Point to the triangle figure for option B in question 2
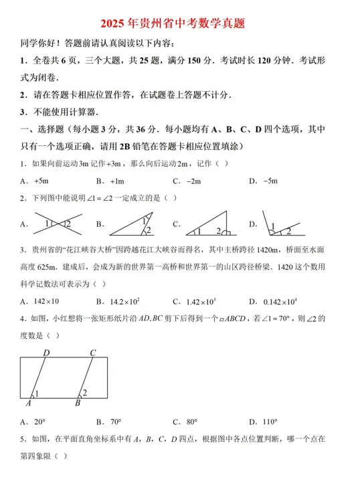131,226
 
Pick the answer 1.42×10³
201,301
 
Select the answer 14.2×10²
124,301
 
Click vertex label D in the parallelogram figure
46,353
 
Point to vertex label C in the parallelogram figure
93,353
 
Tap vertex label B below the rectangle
78,404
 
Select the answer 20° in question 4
39,422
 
